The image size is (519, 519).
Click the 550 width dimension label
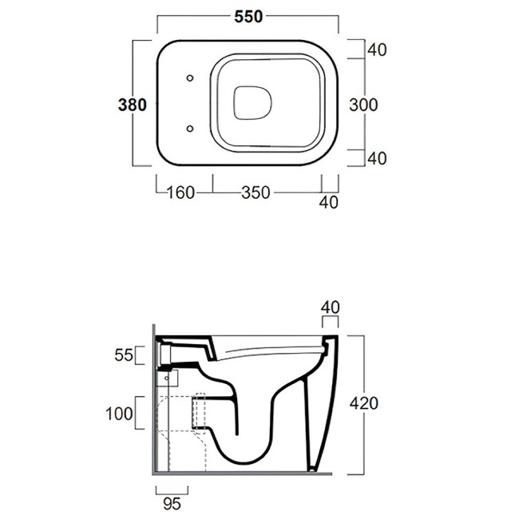pyautogui.click(x=248, y=17)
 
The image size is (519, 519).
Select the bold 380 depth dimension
pyautogui.click(x=132, y=105)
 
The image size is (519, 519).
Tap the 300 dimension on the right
pyautogui.click(x=363, y=105)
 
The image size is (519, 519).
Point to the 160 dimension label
pyautogui.click(x=180, y=192)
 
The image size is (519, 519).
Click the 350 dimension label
pyautogui.click(x=256, y=192)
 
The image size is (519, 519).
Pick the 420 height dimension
pyautogui.click(x=364, y=403)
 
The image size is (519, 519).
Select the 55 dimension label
pyautogui.click(x=124, y=355)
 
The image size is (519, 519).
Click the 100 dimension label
pyautogui.click(x=119, y=414)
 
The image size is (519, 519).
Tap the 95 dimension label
pyautogui.click(x=172, y=504)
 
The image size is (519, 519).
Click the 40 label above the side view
pyautogui.click(x=330, y=307)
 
